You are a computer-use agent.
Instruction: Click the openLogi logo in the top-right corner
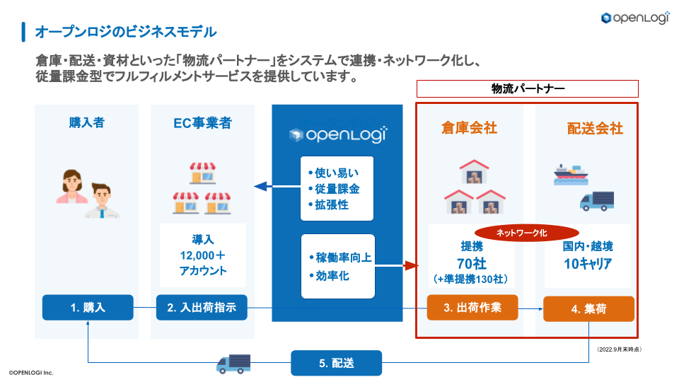click(635, 18)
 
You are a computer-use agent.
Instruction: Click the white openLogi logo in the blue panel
click(337, 135)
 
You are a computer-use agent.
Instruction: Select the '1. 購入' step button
click(88, 308)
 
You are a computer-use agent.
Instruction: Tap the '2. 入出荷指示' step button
click(202, 308)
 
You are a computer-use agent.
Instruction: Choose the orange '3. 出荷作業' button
click(472, 308)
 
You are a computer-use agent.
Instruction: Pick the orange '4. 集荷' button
click(588, 309)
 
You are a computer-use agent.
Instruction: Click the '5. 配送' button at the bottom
click(336, 363)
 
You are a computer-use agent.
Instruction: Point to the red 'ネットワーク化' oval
click(522, 233)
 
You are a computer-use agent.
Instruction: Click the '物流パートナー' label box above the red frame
click(527, 88)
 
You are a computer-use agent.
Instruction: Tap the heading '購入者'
click(87, 123)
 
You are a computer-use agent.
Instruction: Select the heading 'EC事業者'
click(202, 123)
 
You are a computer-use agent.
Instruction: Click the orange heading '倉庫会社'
click(469, 128)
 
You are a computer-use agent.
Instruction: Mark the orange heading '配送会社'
click(595, 128)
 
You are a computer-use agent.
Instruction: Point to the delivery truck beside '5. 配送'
click(233, 364)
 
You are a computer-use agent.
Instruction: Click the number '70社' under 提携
click(470, 264)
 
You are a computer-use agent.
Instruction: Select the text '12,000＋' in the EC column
click(202, 255)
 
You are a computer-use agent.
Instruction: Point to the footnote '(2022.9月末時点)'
click(620, 349)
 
